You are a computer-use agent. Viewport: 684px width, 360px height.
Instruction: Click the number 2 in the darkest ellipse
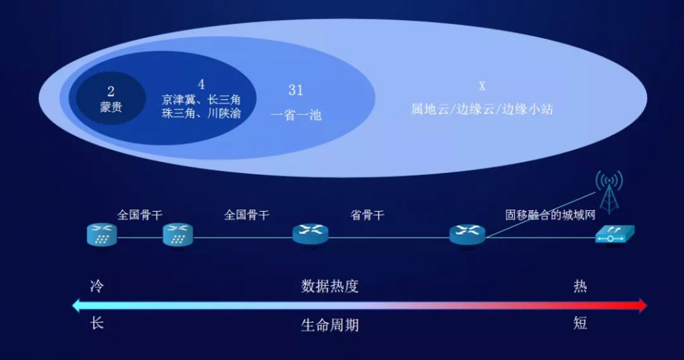pos(111,92)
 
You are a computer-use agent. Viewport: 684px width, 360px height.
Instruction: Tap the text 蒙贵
pos(112,107)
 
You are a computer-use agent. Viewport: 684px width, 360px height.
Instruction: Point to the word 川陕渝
pos(224,114)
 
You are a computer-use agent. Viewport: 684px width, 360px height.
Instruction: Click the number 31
pos(296,90)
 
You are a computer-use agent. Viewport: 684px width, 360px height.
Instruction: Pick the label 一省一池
pos(296,115)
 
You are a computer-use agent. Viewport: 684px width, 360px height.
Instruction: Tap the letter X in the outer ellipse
pos(482,86)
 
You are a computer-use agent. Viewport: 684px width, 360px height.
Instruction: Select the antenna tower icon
pos(609,192)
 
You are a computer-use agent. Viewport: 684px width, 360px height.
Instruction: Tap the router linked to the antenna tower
pos(467,235)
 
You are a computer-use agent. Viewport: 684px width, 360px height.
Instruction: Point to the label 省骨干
pos(367,215)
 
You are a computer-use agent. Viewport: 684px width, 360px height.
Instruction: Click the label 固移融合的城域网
pos(550,215)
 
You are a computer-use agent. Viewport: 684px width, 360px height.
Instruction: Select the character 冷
pos(97,287)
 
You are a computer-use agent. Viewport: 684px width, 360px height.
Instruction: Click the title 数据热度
pos(330,287)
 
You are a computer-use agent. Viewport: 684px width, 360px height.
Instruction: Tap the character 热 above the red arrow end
pos(580,287)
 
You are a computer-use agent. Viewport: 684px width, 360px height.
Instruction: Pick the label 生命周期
pos(330,325)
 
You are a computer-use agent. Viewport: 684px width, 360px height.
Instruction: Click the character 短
pos(580,323)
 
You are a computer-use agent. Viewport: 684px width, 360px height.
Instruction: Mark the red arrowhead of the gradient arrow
pos(642,305)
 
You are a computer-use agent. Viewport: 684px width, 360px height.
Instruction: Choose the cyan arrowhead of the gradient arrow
pos(77,305)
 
